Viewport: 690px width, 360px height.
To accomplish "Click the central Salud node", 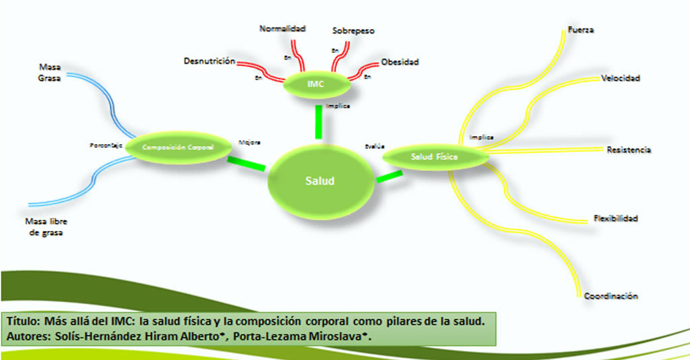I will pyautogui.click(x=320, y=181).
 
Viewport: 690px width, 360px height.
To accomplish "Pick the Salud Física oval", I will pyautogui.click(x=435, y=156).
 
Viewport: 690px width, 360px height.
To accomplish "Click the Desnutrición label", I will pyautogui.click(x=209, y=61).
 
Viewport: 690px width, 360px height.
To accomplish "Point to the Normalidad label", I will pyautogui.click(x=283, y=28).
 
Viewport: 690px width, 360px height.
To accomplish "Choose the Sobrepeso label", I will pyautogui.click(x=354, y=31).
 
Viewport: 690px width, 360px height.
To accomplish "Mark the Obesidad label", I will pyautogui.click(x=400, y=62).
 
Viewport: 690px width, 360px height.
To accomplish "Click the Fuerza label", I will pyautogui.click(x=581, y=30).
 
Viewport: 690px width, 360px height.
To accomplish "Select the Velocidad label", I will pyautogui.click(x=621, y=78).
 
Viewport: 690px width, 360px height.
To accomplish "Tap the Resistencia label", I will pyautogui.click(x=629, y=150).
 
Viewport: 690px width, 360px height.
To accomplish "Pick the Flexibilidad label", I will pyautogui.click(x=616, y=218).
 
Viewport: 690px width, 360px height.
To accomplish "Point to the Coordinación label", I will pyautogui.click(x=611, y=296).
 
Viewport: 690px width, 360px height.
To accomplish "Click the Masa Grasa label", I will pyautogui.click(x=49, y=72).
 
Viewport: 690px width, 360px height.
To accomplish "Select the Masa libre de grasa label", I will pyautogui.click(x=46, y=227).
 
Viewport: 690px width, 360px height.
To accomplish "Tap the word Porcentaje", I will pyautogui.click(x=106, y=145).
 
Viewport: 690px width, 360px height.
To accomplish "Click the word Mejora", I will pyautogui.click(x=250, y=142).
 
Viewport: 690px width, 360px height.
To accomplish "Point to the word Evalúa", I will pyautogui.click(x=375, y=146).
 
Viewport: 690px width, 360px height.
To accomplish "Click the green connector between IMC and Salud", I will pyautogui.click(x=318, y=122).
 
